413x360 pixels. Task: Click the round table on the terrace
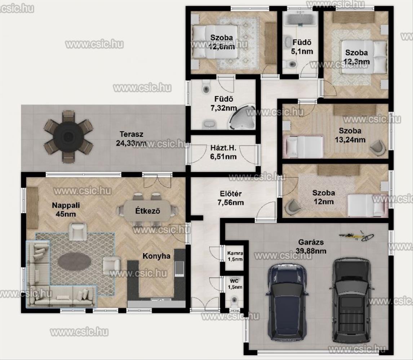(x=68, y=136)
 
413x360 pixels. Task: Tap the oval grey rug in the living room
(x=75, y=261)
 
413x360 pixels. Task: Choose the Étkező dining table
(x=147, y=211)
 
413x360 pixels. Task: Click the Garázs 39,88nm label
(x=311, y=246)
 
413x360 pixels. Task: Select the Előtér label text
(x=231, y=194)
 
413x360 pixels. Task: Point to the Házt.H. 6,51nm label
(x=223, y=152)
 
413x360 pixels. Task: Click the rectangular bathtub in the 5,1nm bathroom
(x=300, y=19)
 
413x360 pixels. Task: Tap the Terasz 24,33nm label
(x=131, y=139)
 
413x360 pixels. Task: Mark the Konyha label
(x=156, y=256)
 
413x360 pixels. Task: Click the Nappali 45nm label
(x=66, y=210)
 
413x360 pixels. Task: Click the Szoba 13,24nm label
(x=350, y=135)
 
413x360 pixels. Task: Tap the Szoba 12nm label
(x=324, y=197)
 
